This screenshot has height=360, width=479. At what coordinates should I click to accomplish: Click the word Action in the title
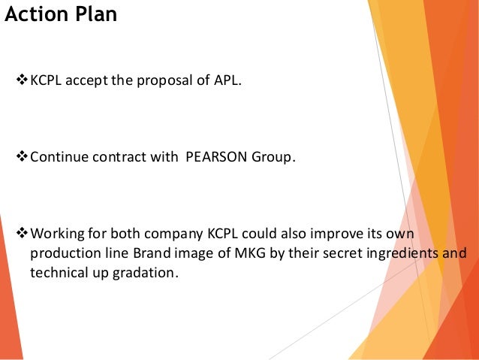(38, 14)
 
